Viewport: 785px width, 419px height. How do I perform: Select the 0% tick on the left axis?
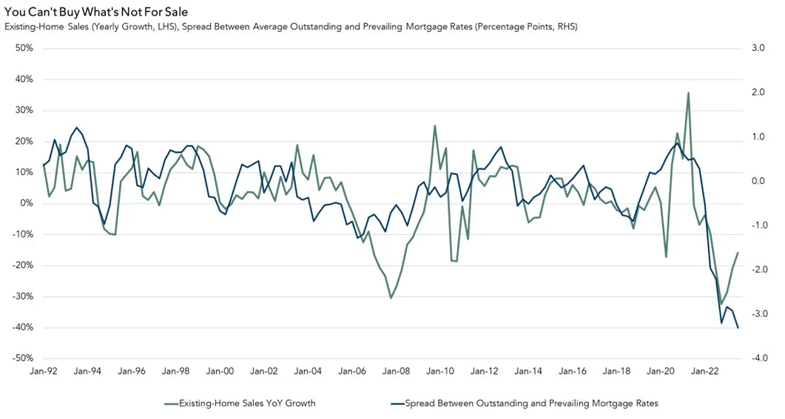point(27,203)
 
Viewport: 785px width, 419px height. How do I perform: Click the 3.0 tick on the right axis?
point(758,48)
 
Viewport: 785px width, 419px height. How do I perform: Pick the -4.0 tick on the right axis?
point(758,358)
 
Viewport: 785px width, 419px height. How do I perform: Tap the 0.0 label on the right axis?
point(758,181)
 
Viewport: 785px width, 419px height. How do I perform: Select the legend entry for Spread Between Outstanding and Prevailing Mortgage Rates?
point(523,403)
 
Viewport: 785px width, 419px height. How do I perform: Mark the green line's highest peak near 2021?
point(688,93)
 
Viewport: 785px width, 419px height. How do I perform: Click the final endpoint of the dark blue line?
point(738,328)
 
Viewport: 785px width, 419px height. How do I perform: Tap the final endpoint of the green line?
point(738,253)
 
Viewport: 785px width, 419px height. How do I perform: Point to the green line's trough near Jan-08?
point(391,298)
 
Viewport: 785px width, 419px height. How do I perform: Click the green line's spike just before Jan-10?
point(435,126)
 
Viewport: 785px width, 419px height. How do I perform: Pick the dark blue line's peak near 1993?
point(76,127)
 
